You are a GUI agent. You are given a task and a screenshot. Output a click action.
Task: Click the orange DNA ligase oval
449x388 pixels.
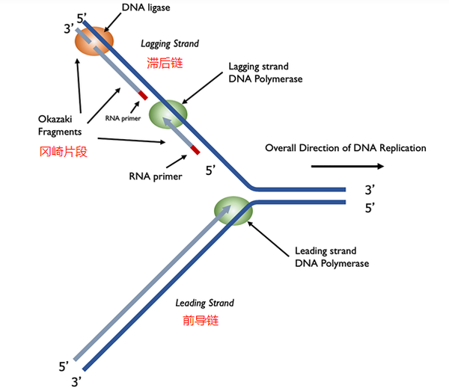pyautogui.click(x=94, y=41)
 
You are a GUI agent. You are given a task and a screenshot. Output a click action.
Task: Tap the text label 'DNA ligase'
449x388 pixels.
pyautogui.click(x=146, y=7)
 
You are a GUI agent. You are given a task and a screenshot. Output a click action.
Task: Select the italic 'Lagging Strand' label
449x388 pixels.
pyautogui.click(x=170, y=43)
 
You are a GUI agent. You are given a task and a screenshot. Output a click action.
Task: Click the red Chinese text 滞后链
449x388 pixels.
pyautogui.click(x=165, y=63)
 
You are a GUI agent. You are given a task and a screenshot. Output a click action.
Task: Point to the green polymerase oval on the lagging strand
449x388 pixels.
pyautogui.click(x=168, y=114)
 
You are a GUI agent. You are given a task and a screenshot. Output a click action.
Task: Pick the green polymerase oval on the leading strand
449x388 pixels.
pyautogui.click(x=233, y=211)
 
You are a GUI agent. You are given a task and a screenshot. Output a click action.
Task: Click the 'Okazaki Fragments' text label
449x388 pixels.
pyautogui.click(x=60, y=126)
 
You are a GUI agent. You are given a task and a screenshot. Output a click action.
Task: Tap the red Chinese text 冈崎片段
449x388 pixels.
pyautogui.click(x=63, y=152)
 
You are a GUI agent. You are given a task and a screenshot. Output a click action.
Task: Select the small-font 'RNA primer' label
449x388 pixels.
pyautogui.click(x=123, y=118)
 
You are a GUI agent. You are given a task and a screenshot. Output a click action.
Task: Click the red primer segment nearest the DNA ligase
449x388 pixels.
pyautogui.click(x=143, y=95)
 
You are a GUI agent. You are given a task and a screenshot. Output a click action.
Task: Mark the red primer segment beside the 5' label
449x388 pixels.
pyautogui.click(x=195, y=150)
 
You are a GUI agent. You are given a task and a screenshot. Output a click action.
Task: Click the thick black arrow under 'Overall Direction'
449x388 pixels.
pyautogui.click(x=347, y=166)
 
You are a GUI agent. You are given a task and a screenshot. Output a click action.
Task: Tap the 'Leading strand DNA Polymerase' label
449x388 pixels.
pyautogui.click(x=332, y=257)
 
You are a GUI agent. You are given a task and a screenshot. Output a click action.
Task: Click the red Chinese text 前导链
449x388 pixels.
pyautogui.click(x=201, y=321)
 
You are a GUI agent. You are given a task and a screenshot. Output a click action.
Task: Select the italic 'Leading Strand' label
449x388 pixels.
pyautogui.click(x=205, y=303)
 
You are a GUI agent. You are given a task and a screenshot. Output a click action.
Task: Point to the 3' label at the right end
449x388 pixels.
pyautogui.click(x=370, y=190)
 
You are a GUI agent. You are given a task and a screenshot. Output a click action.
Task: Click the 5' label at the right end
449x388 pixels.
pyautogui.click(x=370, y=208)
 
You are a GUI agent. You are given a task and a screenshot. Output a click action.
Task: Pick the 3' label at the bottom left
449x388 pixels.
pyautogui.click(x=76, y=382)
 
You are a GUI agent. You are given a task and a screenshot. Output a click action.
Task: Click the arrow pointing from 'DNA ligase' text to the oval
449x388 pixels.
pyautogui.click(x=112, y=22)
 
